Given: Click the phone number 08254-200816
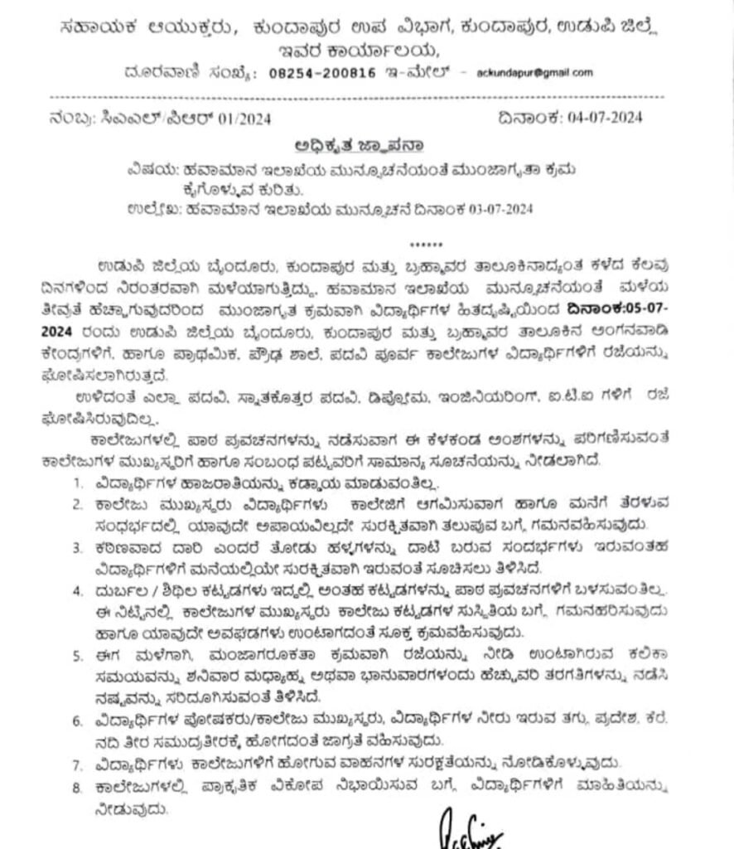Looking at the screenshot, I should click(324, 73).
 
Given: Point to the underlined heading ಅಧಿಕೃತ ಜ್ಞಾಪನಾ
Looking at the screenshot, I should click(357, 143).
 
